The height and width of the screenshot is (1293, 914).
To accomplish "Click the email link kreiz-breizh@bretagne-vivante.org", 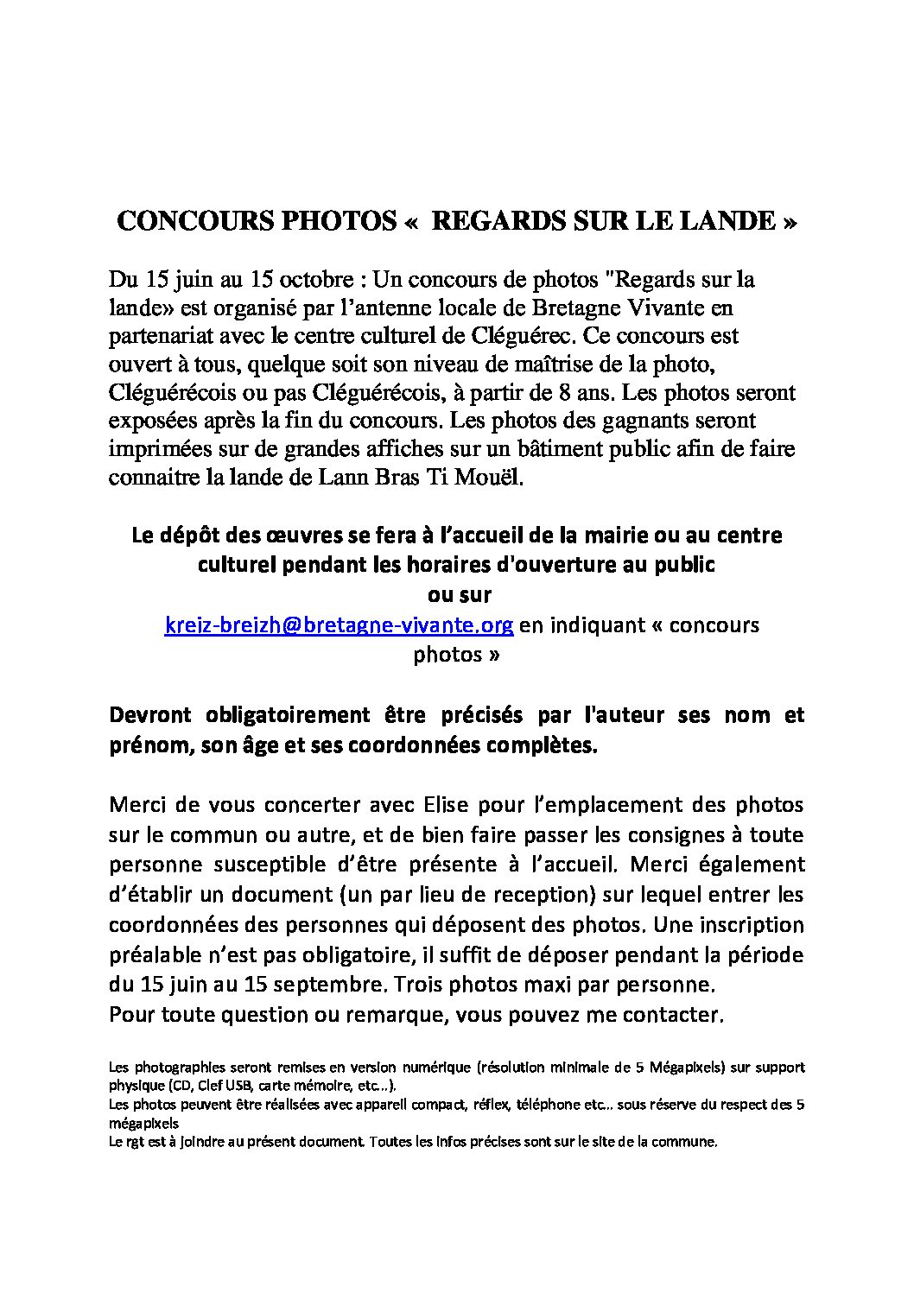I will pos(340,625).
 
